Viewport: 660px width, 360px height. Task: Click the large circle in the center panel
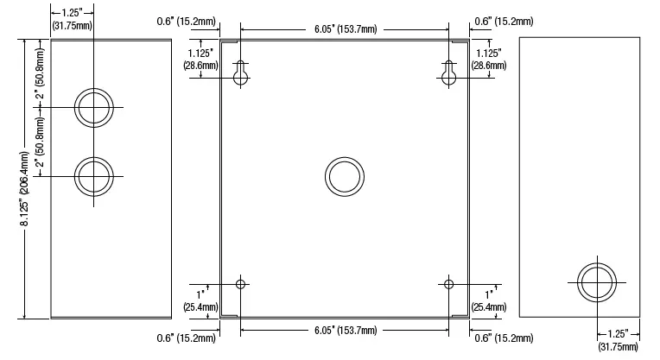coord(345,177)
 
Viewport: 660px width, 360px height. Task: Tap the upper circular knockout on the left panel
coord(93,107)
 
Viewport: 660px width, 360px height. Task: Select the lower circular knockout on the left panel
coord(93,176)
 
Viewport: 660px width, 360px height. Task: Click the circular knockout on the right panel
coord(597,281)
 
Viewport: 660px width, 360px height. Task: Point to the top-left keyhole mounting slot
coord(241,75)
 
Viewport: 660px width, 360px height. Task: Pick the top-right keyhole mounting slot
coord(448,75)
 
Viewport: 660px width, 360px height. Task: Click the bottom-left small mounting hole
coord(241,284)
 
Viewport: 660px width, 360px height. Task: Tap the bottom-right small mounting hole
coord(448,284)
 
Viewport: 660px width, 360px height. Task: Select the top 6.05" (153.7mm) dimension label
coord(345,28)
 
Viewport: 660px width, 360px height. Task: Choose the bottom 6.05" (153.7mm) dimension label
coord(345,329)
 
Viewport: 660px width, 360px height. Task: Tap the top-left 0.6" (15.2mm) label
coord(187,20)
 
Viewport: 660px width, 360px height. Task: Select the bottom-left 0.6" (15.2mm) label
coord(187,338)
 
